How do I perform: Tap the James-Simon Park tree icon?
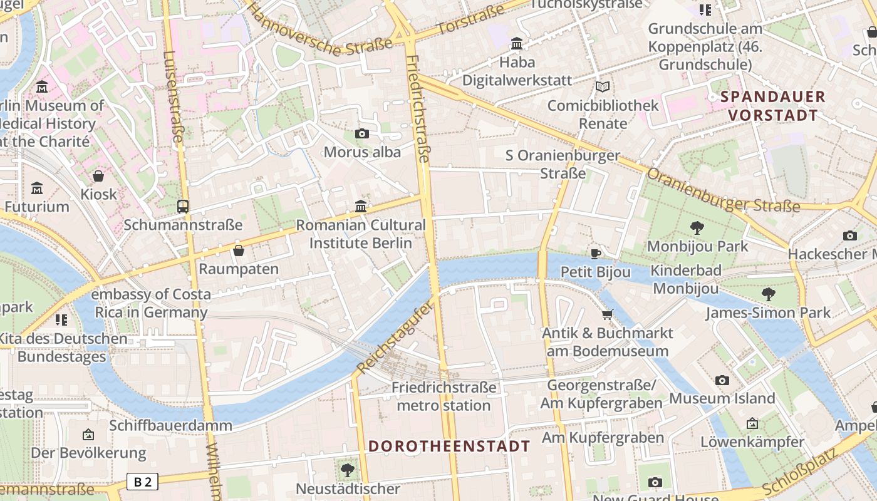click(x=768, y=294)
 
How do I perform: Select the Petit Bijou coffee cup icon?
click(x=595, y=254)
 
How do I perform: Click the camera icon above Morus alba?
click(x=361, y=133)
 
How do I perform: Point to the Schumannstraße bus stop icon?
click(x=183, y=206)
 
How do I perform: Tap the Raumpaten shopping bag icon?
click(x=238, y=250)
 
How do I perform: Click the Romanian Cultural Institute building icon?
click(x=361, y=206)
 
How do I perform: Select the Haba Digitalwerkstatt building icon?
click(x=517, y=43)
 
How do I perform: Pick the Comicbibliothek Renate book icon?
click(x=603, y=87)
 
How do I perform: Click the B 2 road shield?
click(x=142, y=482)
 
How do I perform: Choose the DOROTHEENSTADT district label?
click(x=449, y=447)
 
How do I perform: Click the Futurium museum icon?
click(x=37, y=188)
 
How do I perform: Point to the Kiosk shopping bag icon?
click(x=98, y=176)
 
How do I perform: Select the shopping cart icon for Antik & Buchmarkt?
click(x=607, y=314)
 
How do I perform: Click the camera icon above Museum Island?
click(x=722, y=380)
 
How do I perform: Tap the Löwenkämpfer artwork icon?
click(x=752, y=423)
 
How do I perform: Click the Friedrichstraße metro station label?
click(x=444, y=396)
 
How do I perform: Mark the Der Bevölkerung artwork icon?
click(x=88, y=434)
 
